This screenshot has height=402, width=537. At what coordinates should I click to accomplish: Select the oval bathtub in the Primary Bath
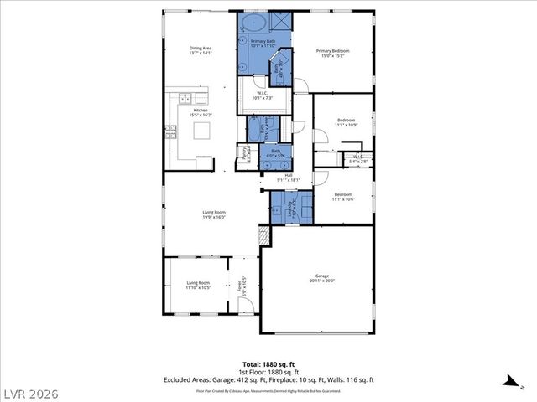[255, 23]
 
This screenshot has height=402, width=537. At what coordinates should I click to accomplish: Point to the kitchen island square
[201, 130]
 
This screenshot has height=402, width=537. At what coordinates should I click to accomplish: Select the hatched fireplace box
[265, 235]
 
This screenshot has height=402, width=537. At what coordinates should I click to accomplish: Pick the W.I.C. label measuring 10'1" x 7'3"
[263, 95]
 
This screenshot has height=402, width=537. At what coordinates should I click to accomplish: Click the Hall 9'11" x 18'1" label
[288, 178]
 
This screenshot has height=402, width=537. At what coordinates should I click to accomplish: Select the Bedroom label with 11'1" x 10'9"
[347, 123]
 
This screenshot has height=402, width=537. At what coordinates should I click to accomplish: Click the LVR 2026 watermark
[30, 390]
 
